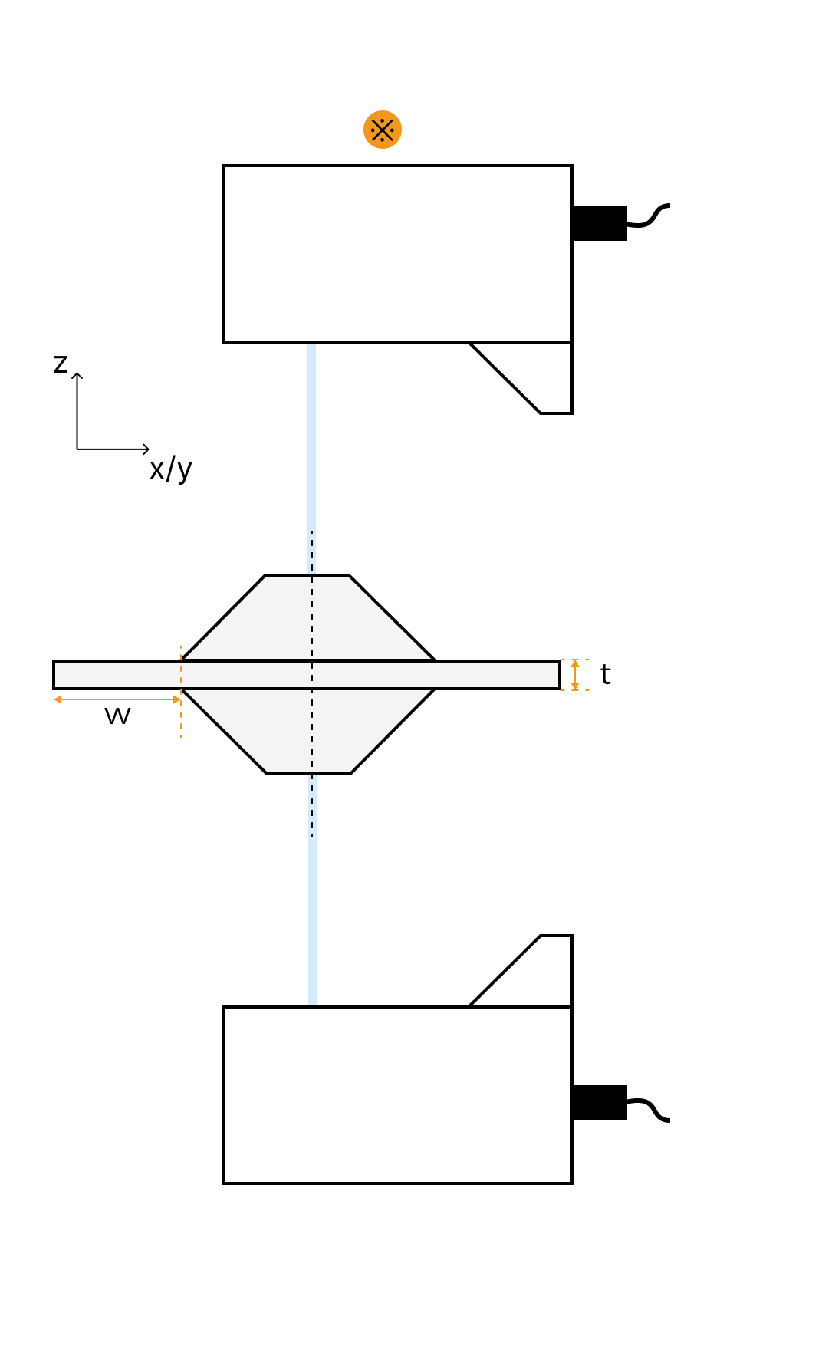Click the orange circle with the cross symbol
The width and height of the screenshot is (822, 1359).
tap(383, 130)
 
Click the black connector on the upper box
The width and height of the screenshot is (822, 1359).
tap(600, 223)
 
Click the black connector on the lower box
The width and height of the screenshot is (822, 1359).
tap(600, 1103)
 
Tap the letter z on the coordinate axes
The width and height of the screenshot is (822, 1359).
tap(61, 364)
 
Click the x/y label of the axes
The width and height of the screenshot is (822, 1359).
tap(170, 469)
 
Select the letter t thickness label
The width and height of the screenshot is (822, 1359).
tap(605, 675)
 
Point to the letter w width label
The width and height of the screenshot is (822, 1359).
tap(117, 716)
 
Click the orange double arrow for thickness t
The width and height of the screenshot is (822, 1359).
tap(575, 675)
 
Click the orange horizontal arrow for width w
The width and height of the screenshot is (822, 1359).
tap(117, 699)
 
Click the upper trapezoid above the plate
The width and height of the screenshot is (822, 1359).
tap(307, 618)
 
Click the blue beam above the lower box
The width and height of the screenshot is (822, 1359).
tap(313, 920)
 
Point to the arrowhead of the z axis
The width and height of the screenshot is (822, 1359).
tap(77, 375)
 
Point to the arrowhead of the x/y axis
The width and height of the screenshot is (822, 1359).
tap(146, 449)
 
